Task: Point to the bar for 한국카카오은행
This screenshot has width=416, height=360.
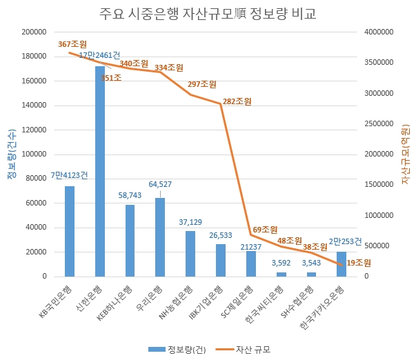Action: coord(341,263)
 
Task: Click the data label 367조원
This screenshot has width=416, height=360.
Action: coord(72,45)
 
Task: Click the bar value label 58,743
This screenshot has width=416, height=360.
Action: coord(130,197)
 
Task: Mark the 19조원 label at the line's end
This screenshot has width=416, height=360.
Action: coord(358,263)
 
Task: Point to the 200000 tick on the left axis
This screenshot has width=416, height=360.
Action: coord(34,32)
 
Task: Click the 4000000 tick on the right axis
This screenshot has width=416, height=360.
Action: coord(379,32)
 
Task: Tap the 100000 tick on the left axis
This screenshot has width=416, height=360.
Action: coord(34,154)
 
